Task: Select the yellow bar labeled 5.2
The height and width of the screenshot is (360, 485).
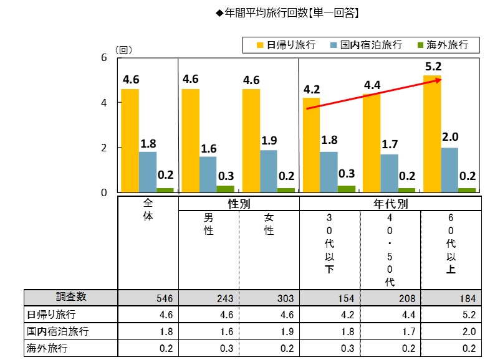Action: tap(432, 133)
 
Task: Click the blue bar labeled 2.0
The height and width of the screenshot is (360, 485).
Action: tap(450, 169)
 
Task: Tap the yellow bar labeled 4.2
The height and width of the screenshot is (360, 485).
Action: tap(311, 144)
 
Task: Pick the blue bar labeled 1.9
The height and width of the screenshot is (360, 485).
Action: tap(269, 171)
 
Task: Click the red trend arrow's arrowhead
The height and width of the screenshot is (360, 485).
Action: tap(439, 80)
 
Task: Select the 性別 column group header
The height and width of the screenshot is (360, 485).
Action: tap(239, 204)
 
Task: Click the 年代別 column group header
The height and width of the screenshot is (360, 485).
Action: tap(391, 204)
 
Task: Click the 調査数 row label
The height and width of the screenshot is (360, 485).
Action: tap(70, 298)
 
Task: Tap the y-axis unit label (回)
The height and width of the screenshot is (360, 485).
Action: tap(123, 49)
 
